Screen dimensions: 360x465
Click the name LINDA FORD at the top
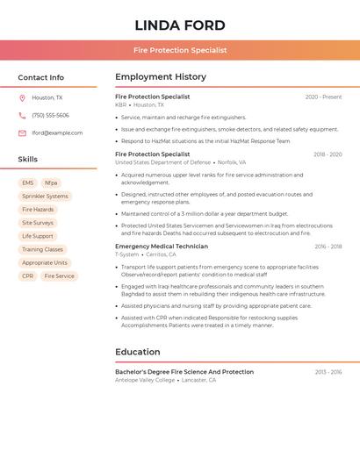(x=180, y=25)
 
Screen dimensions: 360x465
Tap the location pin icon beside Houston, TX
(x=22, y=97)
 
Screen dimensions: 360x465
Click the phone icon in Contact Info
(x=22, y=115)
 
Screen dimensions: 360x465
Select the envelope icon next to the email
(x=22, y=133)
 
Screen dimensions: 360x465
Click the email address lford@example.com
(x=57, y=133)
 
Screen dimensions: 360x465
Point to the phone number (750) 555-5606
(x=50, y=115)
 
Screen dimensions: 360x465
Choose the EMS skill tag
(x=28, y=182)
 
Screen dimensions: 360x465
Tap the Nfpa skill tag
(x=51, y=182)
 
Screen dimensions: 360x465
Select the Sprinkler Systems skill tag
(x=45, y=197)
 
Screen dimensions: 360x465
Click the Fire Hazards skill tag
(x=38, y=210)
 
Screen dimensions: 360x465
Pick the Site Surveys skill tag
(x=38, y=223)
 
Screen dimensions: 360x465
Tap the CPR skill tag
(x=28, y=275)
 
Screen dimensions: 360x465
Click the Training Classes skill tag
(x=42, y=249)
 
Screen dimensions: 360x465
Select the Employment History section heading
(x=161, y=77)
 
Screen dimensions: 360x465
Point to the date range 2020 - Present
(x=323, y=97)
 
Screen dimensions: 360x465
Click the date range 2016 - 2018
(x=328, y=247)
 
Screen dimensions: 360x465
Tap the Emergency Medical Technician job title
(x=162, y=247)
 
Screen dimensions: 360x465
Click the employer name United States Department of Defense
(x=163, y=162)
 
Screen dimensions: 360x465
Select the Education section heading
(x=137, y=352)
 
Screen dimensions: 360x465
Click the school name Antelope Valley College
(x=145, y=380)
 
